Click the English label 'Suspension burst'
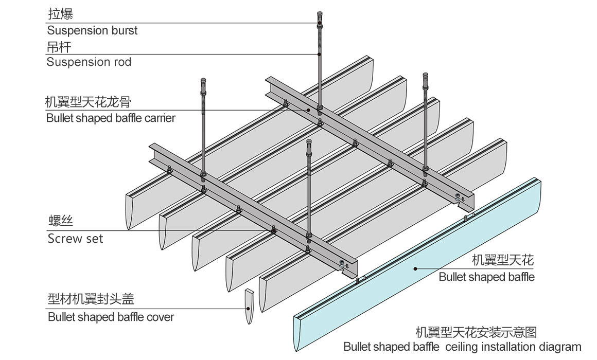tap(92, 30)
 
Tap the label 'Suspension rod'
tap(89, 62)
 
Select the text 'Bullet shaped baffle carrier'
tap(111, 118)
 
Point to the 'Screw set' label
tap(75, 239)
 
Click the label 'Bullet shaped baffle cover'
tap(111, 317)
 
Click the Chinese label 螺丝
tap(60, 222)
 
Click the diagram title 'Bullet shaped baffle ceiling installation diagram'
tap(462, 346)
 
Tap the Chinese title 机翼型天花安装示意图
tap(476, 331)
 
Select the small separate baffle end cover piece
tap(249, 307)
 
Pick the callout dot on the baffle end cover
tap(249, 309)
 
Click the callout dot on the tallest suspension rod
tap(320, 54)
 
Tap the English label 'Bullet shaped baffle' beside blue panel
tap(486, 277)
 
